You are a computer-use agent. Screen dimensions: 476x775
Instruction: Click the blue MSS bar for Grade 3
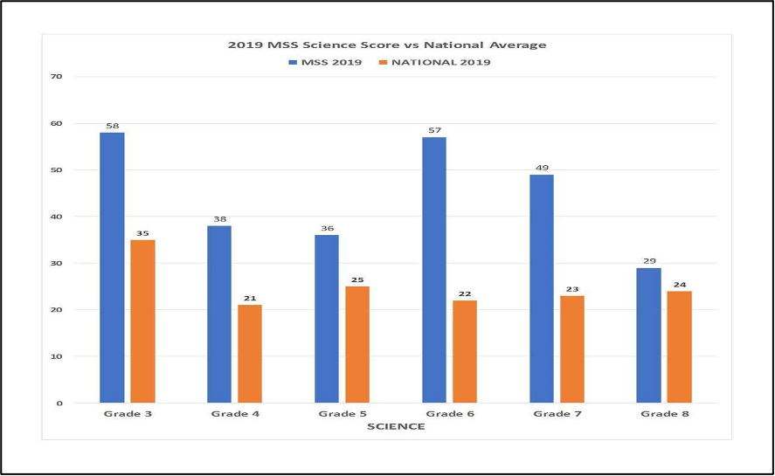point(112,267)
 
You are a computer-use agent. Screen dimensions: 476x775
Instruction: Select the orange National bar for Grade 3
point(142,321)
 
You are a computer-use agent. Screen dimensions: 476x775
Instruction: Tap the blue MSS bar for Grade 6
point(434,270)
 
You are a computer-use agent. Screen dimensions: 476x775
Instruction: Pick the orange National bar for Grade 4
point(250,354)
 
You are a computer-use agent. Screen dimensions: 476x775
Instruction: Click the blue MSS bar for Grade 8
point(649,335)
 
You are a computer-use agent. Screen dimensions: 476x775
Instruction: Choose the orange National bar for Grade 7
point(572,349)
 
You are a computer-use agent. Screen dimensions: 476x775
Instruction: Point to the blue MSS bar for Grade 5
point(327,319)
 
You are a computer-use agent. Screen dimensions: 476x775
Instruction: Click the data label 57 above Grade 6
point(434,131)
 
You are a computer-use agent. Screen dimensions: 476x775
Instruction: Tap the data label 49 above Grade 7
point(542,168)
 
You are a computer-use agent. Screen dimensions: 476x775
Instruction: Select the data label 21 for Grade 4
point(250,298)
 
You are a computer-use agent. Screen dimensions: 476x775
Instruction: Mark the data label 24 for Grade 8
point(680,284)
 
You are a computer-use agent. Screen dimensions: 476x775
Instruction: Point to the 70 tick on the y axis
point(57,77)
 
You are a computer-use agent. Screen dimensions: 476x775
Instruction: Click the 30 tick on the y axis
point(57,264)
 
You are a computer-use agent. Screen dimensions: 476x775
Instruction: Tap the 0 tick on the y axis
point(59,404)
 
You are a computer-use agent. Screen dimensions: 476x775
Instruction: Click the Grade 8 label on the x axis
point(665,414)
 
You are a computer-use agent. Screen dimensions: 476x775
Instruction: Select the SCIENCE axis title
point(396,427)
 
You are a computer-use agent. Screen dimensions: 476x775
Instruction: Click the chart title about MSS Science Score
point(387,45)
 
